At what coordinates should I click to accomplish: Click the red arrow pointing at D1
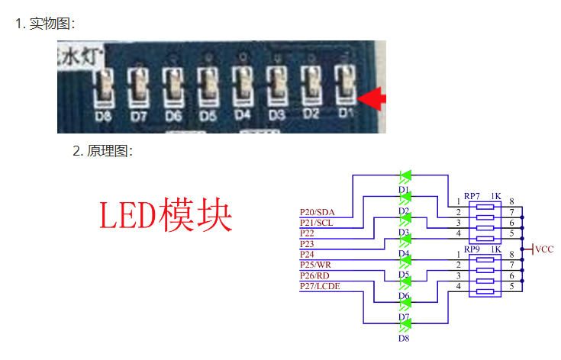pos(373,98)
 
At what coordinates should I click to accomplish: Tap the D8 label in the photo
pos(103,117)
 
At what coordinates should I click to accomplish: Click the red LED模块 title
pos(166,215)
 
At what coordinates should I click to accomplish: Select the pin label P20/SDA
pos(318,211)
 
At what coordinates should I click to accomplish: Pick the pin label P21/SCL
pos(317,222)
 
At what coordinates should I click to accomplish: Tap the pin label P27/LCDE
pos(320,285)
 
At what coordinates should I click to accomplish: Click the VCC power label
pos(544,249)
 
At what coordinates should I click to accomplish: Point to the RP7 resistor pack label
pos(472,196)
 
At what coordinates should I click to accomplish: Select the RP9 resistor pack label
pos(472,249)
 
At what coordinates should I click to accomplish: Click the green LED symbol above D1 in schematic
pos(405,175)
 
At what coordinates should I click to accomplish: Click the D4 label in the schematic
pos(404,253)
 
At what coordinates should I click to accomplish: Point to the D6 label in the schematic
pos(404,296)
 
